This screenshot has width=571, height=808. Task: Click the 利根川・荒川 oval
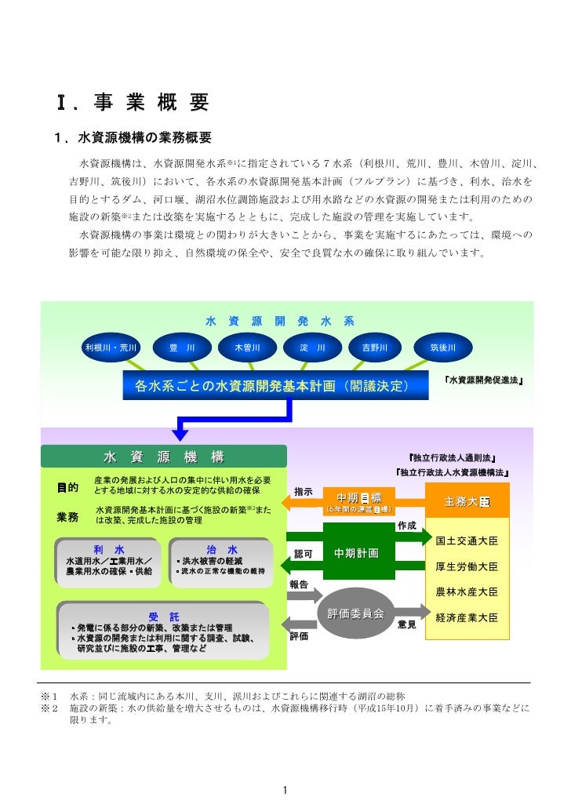tap(112, 347)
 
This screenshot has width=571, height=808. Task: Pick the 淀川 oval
tap(307, 347)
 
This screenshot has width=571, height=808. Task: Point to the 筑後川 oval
tap(442, 347)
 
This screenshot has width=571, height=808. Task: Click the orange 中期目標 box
tap(358, 500)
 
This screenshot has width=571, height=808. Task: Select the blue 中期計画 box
tap(356, 554)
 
